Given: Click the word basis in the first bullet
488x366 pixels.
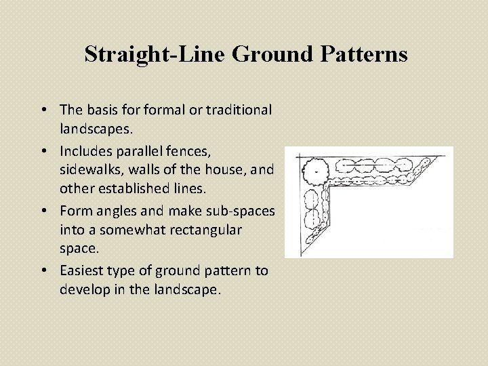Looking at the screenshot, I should (104, 109).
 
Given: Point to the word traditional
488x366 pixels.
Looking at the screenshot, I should (232, 109).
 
